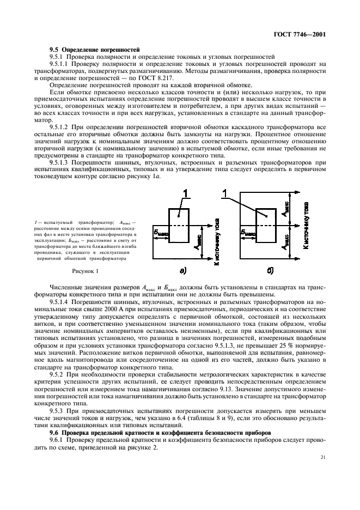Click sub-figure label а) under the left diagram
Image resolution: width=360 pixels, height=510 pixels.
point(181,270)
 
